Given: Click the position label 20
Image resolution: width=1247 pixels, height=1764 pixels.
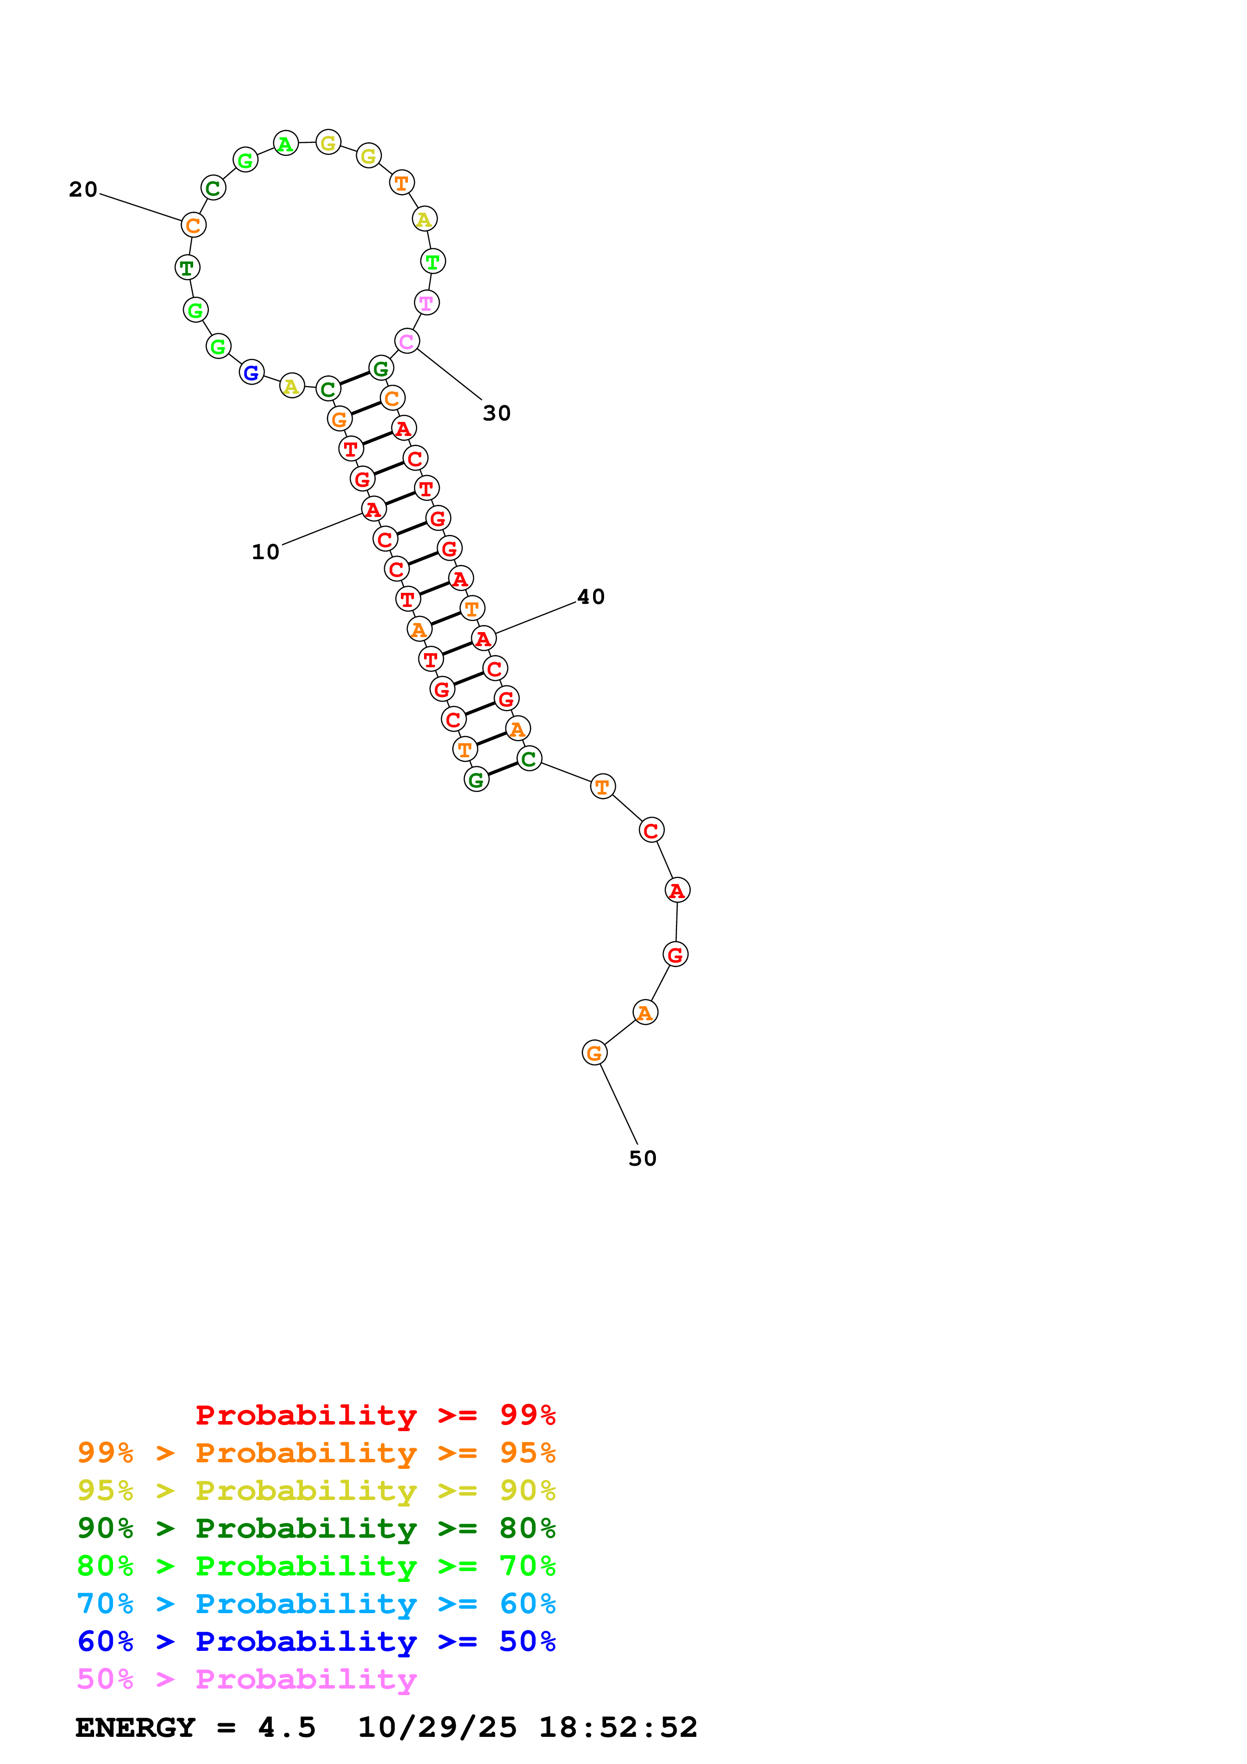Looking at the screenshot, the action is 83,190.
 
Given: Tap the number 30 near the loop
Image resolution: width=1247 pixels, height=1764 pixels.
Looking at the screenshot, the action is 496,413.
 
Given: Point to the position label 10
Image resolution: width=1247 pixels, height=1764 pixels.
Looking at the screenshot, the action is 265,553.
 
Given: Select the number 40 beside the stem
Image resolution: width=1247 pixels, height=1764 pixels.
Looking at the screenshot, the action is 591,597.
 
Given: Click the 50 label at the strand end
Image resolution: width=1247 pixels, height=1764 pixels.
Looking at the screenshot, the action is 642,1159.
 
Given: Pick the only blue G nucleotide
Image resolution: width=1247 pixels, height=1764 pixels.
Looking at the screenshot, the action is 251,373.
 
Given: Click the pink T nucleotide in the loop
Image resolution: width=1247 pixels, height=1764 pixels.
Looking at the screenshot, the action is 427,303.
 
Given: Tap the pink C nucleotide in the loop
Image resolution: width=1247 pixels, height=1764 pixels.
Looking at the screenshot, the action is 406,341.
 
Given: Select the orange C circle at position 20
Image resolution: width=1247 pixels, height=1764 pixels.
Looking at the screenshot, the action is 194,225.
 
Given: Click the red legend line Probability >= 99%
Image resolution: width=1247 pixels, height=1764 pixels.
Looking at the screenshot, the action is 375,1415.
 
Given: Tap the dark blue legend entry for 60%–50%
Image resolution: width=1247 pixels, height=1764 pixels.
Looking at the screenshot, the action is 316,1642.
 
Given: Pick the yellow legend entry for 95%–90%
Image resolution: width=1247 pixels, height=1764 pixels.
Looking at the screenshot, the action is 316,1490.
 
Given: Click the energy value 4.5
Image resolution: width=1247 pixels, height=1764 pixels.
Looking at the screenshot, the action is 287,1728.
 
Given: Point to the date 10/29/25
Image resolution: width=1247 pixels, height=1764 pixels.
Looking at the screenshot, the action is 437,1728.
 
